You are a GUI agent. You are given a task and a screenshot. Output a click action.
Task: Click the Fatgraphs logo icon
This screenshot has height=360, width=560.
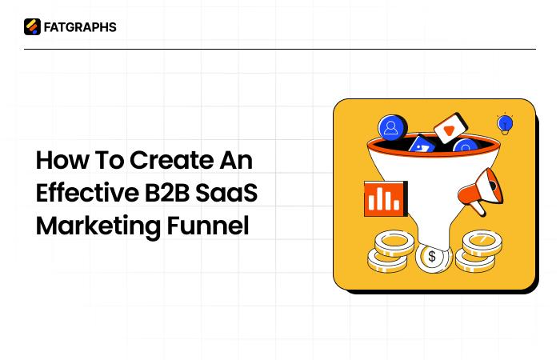[32, 27]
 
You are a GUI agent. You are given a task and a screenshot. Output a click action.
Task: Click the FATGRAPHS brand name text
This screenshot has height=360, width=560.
[80, 27]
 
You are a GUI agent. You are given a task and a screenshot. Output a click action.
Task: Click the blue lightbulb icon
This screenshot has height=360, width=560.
[505, 124]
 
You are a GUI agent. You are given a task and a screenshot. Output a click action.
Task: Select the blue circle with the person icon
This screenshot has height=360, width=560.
[392, 127]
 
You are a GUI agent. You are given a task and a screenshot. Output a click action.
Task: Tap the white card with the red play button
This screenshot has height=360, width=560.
[450, 129]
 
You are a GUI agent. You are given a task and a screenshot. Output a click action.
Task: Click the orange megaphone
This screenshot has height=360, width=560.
[482, 191]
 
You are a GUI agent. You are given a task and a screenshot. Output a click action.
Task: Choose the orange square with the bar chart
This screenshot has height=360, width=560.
[385, 198]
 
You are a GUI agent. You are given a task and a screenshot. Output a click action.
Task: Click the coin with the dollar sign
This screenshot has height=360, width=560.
[432, 257]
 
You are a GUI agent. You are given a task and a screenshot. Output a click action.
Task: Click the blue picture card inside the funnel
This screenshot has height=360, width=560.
[421, 146]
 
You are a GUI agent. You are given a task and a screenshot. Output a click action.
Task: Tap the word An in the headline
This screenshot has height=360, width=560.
[236, 160]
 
